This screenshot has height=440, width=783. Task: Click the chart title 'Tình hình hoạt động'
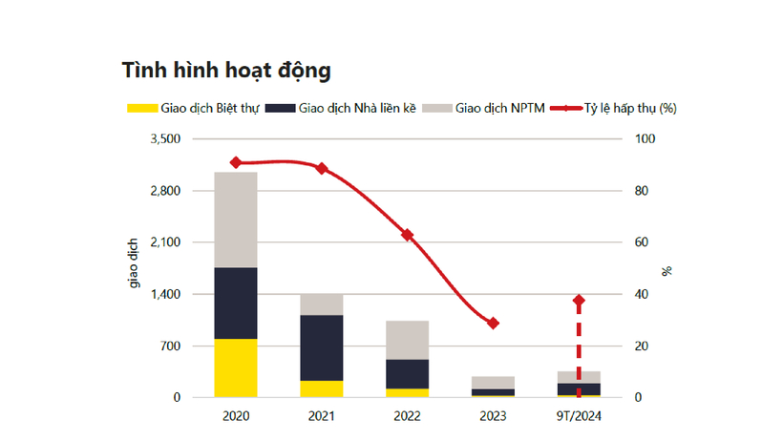tap(225, 71)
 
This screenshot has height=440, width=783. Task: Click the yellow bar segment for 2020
tap(236, 367)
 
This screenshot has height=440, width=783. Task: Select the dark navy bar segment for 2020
tap(236, 303)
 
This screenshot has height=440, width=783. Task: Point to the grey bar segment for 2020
tap(236, 220)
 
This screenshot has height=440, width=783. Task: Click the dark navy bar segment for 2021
tap(322, 347)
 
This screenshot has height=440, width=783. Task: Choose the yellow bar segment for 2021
tap(322, 388)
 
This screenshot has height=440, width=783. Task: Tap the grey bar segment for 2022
tap(407, 340)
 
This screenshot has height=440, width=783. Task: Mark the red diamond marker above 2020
tap(236, 162)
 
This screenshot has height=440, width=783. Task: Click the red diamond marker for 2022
tap(408, 235)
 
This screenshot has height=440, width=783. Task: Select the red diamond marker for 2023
tap(493, 323)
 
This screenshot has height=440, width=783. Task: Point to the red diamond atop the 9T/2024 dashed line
tap(579, 301)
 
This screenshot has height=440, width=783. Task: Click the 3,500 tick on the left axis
tap(165, 139)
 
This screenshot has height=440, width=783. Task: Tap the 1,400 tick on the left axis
tap(165, 294)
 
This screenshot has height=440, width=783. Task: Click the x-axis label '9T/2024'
tap(579, 416)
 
